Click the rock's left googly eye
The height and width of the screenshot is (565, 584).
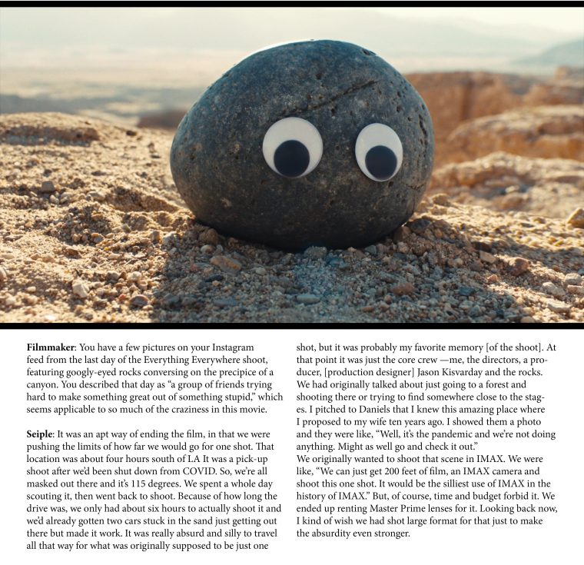292,148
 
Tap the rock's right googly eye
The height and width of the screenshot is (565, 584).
379,151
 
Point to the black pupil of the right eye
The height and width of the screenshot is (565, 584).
381,161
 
